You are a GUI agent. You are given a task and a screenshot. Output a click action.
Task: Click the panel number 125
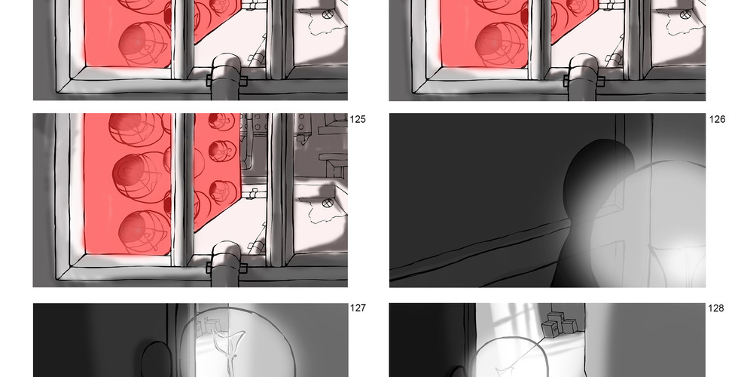(x=358, y=119)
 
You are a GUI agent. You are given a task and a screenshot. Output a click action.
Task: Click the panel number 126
(x=717, y=119)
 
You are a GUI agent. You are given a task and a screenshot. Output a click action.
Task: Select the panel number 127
(x=358, y=308)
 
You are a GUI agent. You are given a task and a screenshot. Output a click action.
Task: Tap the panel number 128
(x=716, y=308)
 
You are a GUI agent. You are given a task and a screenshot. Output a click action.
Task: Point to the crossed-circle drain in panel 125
(x=328, y=203)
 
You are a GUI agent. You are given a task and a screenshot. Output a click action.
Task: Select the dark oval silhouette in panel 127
(x=154, y=360)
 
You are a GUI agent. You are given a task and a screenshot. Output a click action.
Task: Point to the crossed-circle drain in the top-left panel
(x=328, y=14)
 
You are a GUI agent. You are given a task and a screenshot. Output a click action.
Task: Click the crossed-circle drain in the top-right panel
(x=685, y=14)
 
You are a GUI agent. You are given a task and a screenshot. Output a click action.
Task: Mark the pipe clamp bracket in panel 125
(x=227, y=267)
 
